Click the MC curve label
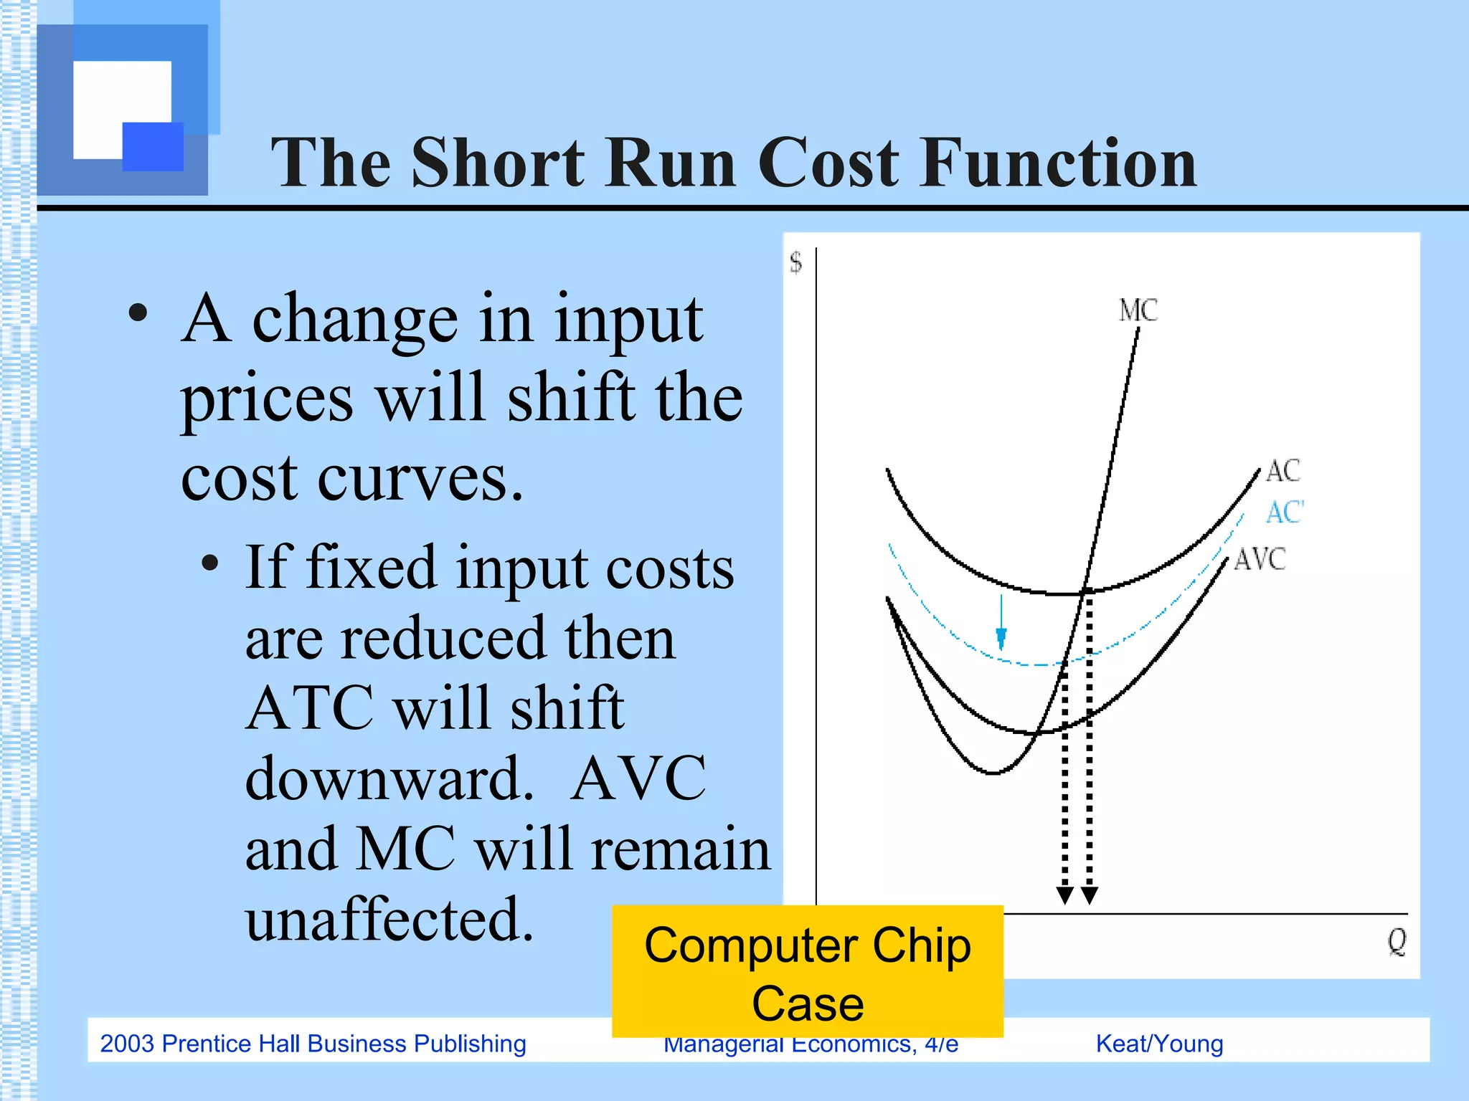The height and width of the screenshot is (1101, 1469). point(1138,310)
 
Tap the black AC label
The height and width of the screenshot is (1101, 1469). point(1283,472)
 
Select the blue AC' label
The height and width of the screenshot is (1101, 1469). point(1284,513)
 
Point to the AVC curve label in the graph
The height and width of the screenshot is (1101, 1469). point(1260,559)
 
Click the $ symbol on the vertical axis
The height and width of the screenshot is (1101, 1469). point(795,262)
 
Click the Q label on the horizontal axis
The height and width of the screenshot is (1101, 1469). point(1396,941)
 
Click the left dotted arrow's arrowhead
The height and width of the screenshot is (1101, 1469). point(1065,895)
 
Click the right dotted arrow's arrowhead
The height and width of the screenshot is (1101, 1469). point(1090,895)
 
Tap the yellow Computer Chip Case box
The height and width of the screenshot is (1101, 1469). point(807,971)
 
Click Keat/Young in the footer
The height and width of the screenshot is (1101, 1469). point(1159,1044)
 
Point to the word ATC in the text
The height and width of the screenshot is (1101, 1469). point(310,708)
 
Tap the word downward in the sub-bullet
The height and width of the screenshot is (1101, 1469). point(389,778)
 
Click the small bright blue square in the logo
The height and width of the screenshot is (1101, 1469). point(153,146)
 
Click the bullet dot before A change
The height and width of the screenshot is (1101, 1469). point(138,313)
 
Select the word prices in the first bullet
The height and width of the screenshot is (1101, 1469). point(267,399)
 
